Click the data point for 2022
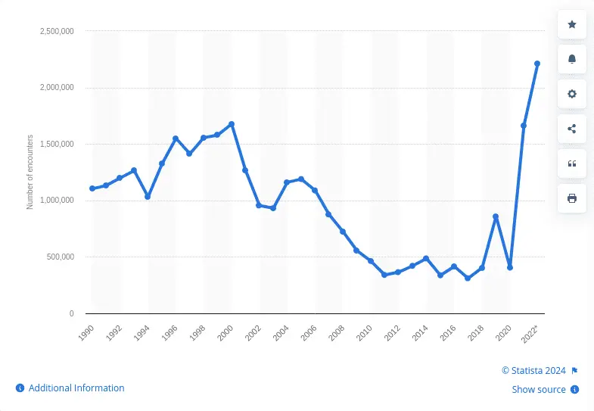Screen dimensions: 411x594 coord(537,64)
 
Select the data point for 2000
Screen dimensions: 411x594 coord(232,124)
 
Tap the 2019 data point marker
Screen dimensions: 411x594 coord(496,216)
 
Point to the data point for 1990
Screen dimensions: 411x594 coord(92,188)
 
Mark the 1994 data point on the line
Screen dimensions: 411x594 coord(148,197)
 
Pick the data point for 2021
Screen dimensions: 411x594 coord(524,126)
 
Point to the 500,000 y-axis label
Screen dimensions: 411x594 coord(58,257)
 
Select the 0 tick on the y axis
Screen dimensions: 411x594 coord(71,313)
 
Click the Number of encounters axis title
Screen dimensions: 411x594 coord(30,173)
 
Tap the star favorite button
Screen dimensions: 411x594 coord(572,25)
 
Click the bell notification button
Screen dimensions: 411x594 coord(572,60)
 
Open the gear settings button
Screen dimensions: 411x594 coord(572,94)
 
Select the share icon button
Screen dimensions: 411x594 coord(572,129)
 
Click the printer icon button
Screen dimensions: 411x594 coord(572,198)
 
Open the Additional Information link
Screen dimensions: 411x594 coord(76,388)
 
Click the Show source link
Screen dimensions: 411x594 coord(539,390)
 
